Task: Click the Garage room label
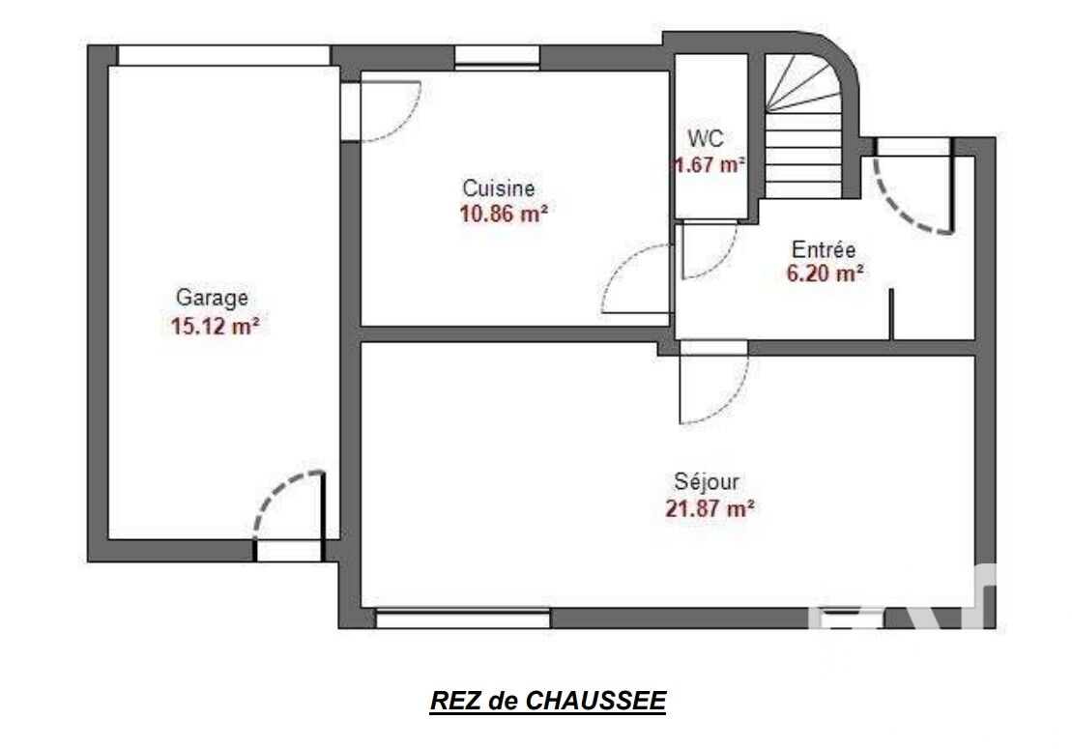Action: (212, 299)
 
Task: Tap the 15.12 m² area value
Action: (215, 326)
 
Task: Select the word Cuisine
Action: (499, 187)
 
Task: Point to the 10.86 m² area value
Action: (504, 214)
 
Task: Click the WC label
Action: (706, 139)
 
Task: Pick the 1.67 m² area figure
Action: (709, 164)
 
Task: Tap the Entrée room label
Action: (824, 248)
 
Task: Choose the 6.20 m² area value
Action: (825, 274)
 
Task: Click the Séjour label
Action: (707, 482)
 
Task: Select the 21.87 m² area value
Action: (710, 508)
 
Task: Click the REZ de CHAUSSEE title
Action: (548, 702)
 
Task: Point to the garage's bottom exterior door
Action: (288, 516)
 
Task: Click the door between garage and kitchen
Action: (380, 111)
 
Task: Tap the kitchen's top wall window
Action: (497, 57)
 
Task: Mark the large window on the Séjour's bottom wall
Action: (463, 619)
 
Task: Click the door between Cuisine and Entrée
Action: (635, 279)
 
